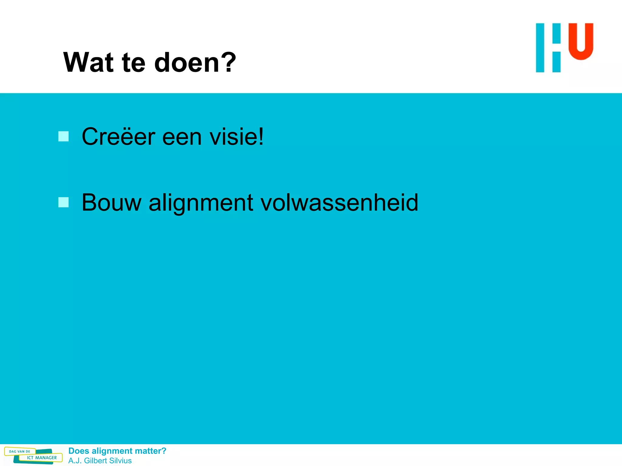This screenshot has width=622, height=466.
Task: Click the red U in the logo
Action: [581, 41]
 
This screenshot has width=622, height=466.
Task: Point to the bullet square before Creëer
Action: [63, 137]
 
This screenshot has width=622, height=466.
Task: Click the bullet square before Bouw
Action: [63, 202]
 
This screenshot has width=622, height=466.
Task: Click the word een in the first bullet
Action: [182, 137]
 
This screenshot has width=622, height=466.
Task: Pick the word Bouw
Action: [111, 202]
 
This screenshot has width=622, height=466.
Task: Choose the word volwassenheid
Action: [339, 202]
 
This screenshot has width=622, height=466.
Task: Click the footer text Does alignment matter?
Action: [117, 451]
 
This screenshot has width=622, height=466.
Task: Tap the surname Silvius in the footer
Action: [120, 461]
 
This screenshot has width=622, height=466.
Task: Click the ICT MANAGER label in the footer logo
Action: [42, 458]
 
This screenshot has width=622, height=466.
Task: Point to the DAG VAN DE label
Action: [20, 451]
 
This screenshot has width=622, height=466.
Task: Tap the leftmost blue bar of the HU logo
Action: [540, 48]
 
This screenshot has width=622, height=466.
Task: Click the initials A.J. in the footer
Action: [75, 461]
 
